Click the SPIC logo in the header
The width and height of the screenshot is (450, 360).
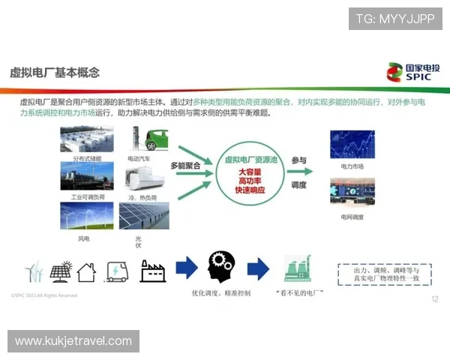pos(412,71)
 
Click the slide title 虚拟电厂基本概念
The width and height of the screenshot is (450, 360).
pos(54,73)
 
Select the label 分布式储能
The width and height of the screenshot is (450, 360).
pos(87,159)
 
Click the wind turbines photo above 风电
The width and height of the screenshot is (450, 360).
pos(87,217)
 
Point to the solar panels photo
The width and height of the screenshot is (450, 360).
pos(144,217)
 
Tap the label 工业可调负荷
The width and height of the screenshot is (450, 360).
pos(87,198)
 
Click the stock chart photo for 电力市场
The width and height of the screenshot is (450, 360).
pos(352,144)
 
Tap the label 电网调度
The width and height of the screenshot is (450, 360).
pos(352,217)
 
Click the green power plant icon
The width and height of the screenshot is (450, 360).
pos(298,268)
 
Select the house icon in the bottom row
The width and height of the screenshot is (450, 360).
pos(88,271)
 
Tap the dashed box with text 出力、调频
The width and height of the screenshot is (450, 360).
pos(384,274)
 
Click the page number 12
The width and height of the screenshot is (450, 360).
pos(435,299)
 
